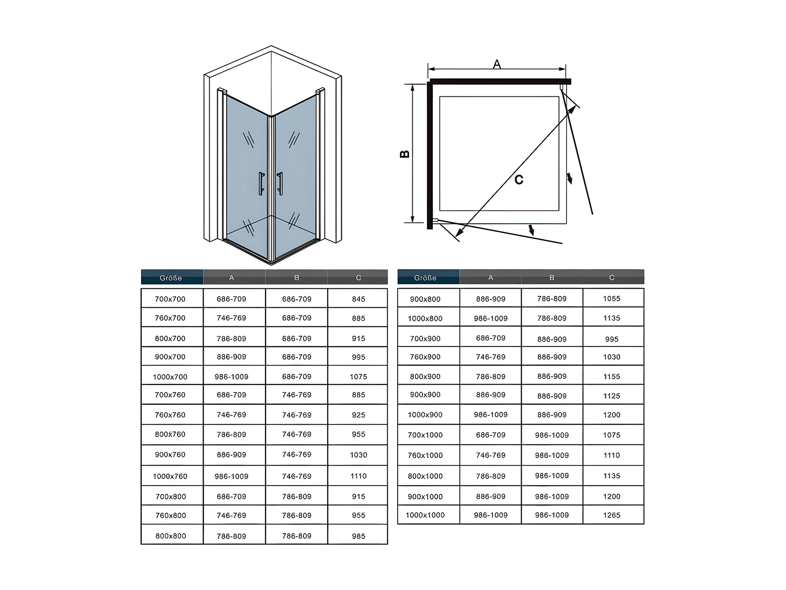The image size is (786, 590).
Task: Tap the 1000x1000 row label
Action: (425, 515)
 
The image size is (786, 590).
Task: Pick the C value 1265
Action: (612, 515)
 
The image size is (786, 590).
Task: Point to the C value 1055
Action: (612, 299)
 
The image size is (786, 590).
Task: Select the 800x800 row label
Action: (171, 536)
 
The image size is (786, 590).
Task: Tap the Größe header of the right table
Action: (425, 278)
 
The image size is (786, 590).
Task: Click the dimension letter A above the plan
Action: (497, 64)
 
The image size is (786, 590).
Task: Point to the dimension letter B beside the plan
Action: (405, 154)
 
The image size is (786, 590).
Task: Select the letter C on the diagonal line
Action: (519, 180)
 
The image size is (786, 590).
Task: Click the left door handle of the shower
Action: (262, 184)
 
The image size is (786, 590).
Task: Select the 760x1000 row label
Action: (425, 455)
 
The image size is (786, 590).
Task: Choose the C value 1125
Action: (612, 396)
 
